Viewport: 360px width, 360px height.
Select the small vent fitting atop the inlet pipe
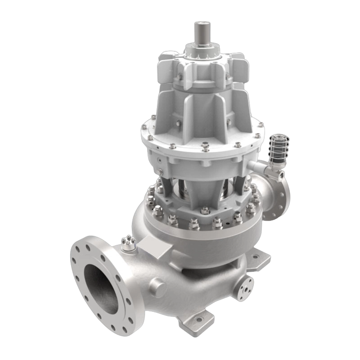[x=128, y=243]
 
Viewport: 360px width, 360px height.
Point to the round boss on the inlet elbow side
[x=158, y=284]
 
